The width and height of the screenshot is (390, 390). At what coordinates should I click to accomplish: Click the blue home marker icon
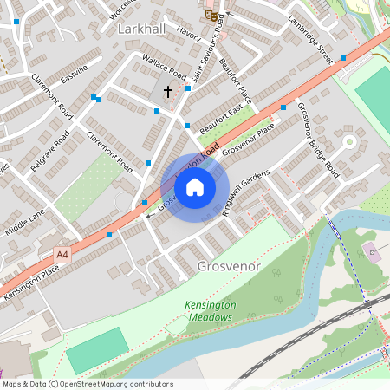195,186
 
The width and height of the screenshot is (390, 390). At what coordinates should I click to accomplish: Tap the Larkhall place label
140,29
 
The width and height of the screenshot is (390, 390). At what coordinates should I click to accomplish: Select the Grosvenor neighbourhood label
229,266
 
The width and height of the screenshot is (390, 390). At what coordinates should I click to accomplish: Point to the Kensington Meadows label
209,311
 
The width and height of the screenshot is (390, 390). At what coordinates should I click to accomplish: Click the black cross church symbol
167,90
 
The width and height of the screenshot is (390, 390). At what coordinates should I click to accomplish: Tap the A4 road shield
62,254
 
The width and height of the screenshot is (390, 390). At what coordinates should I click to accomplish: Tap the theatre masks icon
211,14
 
